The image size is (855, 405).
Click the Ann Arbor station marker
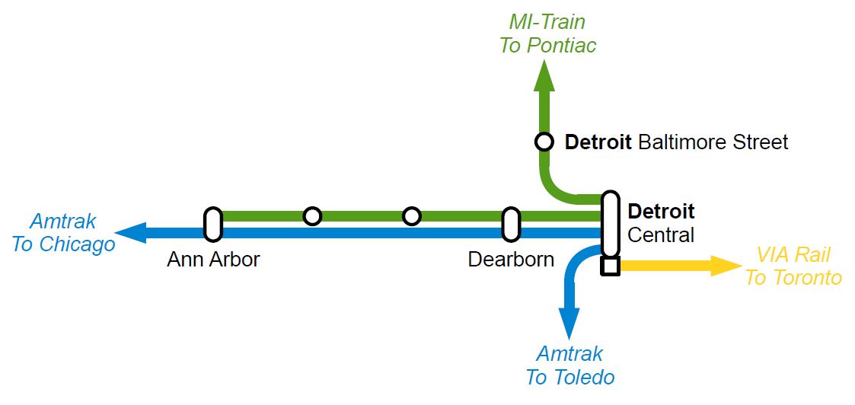click(x=213, y=225)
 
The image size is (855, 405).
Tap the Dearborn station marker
click(x=511, y=225)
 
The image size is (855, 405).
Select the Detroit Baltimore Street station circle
click(x=544, y=142)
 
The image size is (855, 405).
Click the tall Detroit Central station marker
click(x=610, y=224)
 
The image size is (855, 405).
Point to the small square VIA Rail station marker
click(x=610, y=266)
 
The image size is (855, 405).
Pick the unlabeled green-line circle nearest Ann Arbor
click(x=312, y=216)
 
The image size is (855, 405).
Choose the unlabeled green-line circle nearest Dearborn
click(x=412, y=216)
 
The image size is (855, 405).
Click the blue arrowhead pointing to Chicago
click(x=129, y=232)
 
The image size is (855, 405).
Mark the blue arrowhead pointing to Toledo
click(x=569, y=323)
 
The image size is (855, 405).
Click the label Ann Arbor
click(x=213, y=259)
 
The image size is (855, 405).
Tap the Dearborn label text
click(x=511, y=259)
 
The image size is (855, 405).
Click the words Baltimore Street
click(x=713, y=142)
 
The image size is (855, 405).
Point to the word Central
click(x=661, y=234)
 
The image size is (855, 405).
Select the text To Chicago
click(x=63, y=244)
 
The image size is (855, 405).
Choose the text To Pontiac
click(x=547, y=46)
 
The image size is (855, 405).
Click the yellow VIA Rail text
click(x=793, y=255)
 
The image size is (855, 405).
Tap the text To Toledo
click(x=569, y=377)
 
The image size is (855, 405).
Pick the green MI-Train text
click(x=547, y=22)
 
